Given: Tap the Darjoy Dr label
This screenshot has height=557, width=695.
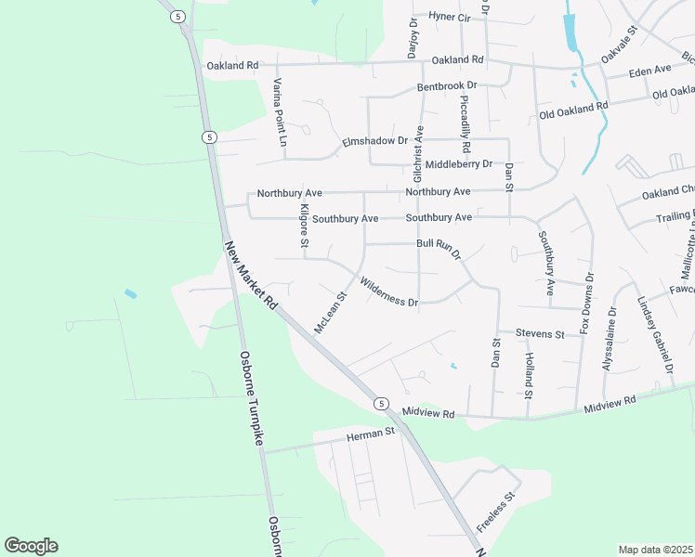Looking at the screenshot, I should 413,38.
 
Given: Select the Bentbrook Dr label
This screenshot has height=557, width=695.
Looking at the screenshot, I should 447,85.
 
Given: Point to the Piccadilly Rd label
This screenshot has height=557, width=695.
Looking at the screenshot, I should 466,128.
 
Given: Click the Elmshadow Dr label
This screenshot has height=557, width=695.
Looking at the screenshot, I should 375,140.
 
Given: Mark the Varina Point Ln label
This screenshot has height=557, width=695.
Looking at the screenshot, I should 277,111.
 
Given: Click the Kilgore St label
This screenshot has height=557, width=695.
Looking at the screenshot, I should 304,226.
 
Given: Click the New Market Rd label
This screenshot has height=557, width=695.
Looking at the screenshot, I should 251,276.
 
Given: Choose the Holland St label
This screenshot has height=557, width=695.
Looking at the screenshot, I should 528,375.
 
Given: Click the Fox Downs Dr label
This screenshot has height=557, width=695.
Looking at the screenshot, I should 585,303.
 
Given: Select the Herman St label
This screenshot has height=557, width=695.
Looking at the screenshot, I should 371,434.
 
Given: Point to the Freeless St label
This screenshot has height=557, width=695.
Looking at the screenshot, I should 495,512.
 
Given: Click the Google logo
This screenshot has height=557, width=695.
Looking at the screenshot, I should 31,546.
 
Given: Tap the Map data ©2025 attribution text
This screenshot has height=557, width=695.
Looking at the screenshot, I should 655,550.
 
